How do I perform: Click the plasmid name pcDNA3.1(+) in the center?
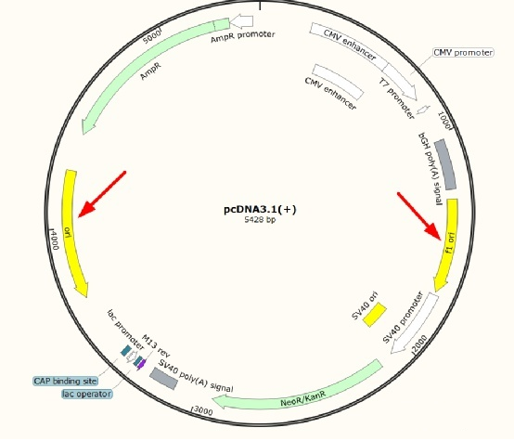(260, 209)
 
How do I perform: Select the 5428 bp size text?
(260, 220)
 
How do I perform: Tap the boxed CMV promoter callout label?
(463, 53)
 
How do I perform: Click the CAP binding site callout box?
(66, 381)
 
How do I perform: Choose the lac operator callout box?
(87, 394)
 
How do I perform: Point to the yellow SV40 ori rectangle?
(375, 315)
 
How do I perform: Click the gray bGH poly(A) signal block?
(445, 164)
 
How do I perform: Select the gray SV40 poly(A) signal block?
(163, 378)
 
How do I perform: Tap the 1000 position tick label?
(444, 120)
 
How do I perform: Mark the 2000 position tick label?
(420, 344)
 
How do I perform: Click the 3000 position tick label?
(202, 410)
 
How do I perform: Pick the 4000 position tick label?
(54, 239)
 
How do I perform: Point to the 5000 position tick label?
(153, 36)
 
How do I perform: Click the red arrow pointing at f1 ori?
(419, 217)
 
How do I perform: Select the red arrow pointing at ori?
(102, 194)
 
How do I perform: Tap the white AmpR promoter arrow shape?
(241, 21)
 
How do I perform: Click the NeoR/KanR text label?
(303, 398)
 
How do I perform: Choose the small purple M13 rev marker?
(141, 363)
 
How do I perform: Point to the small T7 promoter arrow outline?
(423, 110)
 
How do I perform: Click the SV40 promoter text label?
(403, 317)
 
